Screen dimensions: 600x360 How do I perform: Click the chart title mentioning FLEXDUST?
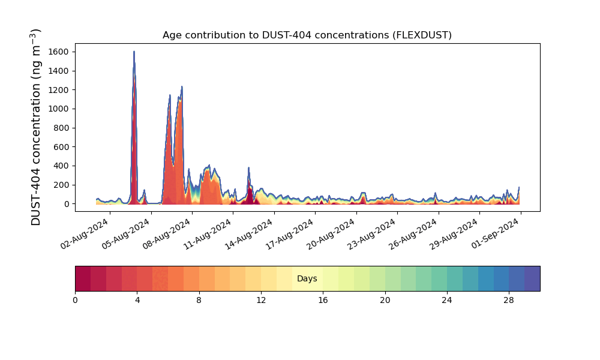[307, 35]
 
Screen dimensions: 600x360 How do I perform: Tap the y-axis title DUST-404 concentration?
[35, 127]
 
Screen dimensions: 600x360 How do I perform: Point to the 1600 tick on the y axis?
[59, 52]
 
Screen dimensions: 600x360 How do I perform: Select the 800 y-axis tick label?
[61, 128]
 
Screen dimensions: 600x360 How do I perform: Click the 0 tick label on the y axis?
[67, 204]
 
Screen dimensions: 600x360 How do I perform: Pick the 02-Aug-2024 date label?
[85, 233]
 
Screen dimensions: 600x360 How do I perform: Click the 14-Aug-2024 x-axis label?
[249, 233]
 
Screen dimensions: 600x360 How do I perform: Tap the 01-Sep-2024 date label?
[495, 233]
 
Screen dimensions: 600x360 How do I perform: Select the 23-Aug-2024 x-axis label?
[372, 233]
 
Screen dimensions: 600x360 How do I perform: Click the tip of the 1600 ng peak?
[134, 51]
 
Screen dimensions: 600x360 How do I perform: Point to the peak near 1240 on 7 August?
[182, 86]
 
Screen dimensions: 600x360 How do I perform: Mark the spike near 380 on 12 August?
[249, 167]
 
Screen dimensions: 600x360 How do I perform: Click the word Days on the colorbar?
[307, 278]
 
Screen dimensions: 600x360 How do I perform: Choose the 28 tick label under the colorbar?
[509, 301]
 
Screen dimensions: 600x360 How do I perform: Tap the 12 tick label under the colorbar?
[261, 301]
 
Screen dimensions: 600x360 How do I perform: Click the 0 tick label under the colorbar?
[75, 301]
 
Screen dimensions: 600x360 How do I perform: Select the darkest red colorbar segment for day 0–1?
[83, 278]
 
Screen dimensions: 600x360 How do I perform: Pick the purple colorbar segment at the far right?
[532, 278]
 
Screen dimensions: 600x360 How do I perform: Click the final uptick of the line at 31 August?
[519, 187]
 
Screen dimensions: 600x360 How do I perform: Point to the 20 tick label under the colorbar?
[385, 301]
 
